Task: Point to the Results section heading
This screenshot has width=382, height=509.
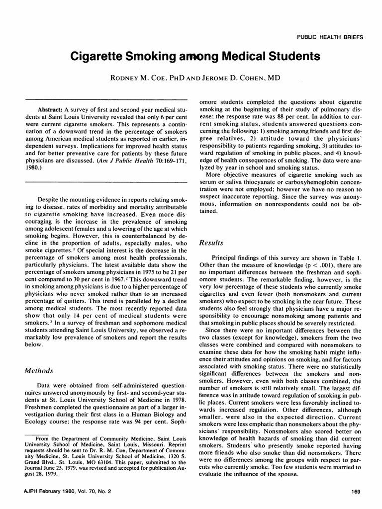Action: [x=211, y=243]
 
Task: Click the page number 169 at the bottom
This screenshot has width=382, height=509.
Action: [x=355, y=492]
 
